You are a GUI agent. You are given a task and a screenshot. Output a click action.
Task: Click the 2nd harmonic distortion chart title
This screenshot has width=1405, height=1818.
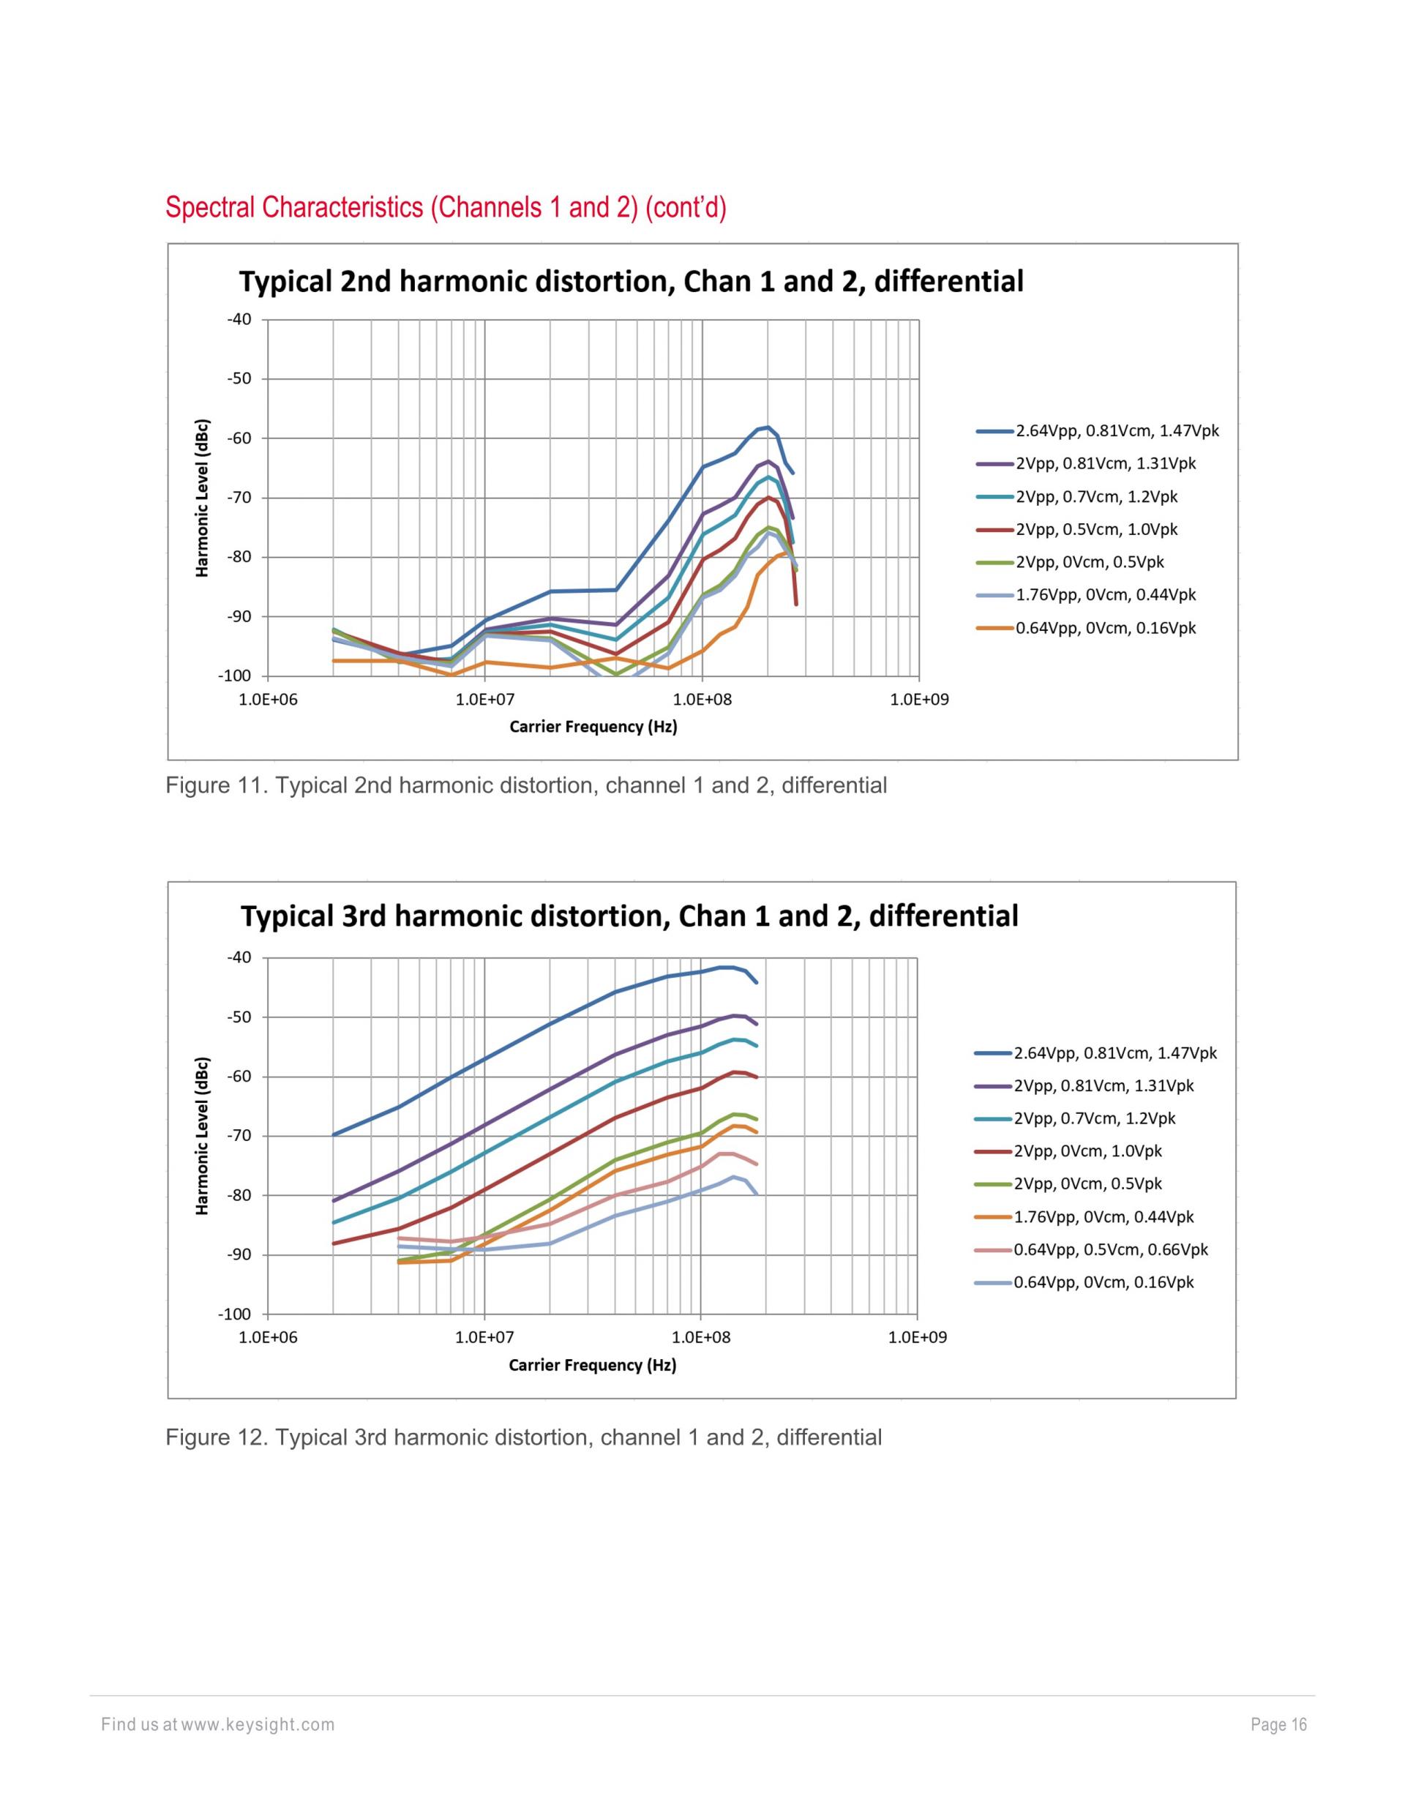[x=631, y=281]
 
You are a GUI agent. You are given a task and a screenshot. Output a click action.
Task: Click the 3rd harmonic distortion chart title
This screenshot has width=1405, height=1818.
[x=629, y=916]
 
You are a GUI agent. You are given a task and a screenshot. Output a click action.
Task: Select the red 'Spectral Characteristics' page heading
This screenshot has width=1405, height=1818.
[x=446, y=207]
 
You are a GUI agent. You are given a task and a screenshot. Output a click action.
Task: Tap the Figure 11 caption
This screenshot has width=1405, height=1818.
[x=526, y=785]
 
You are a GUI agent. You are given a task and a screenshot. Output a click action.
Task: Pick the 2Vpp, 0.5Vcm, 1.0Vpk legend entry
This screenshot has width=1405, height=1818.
[x=1095, y=529]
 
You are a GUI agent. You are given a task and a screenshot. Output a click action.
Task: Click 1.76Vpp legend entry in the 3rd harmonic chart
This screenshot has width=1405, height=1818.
[x=1102, y=1216]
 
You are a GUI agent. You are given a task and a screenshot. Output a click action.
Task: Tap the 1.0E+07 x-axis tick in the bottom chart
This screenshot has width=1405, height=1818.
[x=484, y=1337]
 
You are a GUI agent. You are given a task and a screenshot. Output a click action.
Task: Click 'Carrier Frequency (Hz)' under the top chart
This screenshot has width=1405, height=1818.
[x=593, y=727]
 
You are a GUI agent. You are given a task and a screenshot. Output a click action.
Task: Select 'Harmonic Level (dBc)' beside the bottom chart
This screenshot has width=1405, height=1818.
[x=202, y=1135]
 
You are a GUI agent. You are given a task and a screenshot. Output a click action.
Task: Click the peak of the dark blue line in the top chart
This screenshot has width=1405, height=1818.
[x=768, y=426]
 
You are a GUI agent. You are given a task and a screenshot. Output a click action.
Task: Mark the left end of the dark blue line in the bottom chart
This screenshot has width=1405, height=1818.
[x=334, y=1134]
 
